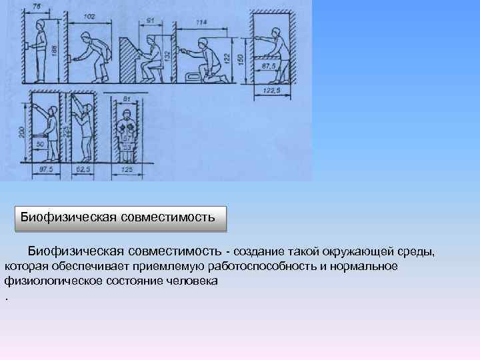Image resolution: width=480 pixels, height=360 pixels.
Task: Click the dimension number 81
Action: tap(127, 99)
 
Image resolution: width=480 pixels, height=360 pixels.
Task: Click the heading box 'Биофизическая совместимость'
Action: tap(121, 217)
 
